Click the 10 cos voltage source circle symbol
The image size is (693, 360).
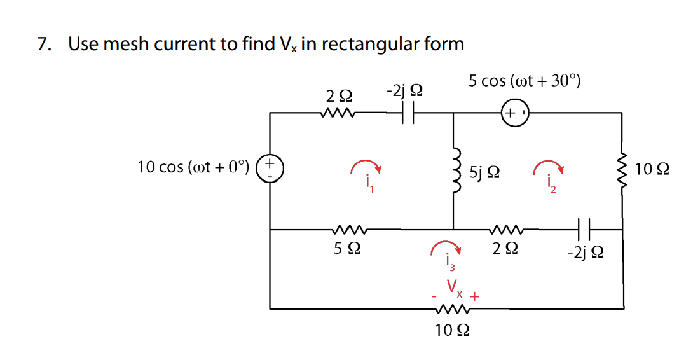[270, 170]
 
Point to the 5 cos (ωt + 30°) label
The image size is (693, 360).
[524, 81]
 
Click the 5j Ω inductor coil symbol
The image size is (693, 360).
[454, 172]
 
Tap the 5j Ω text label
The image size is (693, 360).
[484, 172]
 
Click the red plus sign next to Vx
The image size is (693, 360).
[474, 296]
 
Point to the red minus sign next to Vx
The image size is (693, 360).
[434, 296]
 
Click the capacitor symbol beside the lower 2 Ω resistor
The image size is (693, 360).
[584, 230]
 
